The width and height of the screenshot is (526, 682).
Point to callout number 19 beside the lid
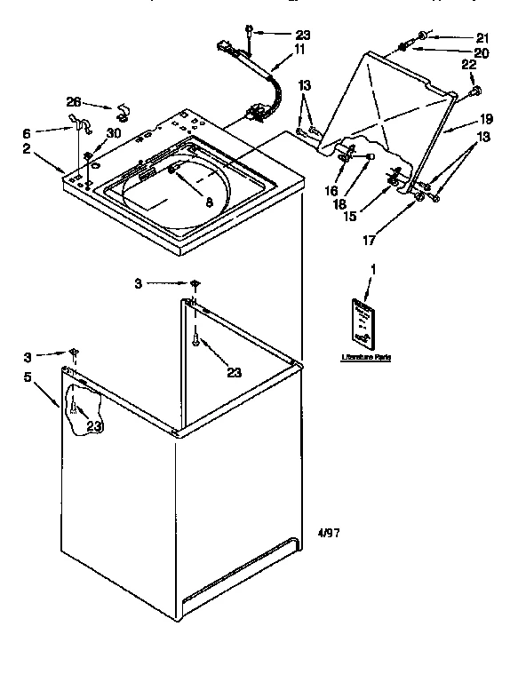pos(487,117)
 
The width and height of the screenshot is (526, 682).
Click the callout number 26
pos(73,101)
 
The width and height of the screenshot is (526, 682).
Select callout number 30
pos(113,133)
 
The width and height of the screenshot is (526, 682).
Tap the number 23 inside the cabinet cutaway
pos(94,426)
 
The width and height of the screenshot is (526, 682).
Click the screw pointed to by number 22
pos(474,91)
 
